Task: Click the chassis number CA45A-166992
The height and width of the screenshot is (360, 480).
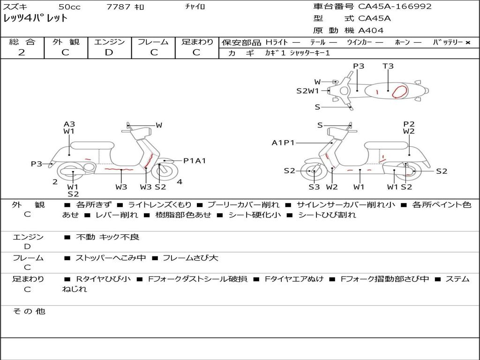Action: (395, 7)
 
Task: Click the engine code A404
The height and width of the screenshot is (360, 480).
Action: (371, 30)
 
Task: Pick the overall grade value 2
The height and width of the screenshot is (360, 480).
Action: (22, 52)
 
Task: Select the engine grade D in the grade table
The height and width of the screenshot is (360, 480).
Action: (109, 52)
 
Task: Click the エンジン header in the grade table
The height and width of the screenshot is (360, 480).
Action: (109, 42)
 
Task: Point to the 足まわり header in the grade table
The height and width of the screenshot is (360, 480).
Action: (197, 42)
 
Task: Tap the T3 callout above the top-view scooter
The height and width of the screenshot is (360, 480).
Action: (388, 66)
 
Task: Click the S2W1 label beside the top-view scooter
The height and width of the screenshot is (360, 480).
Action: (307, 91)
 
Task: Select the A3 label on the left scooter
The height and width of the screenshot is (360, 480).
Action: (69, 124)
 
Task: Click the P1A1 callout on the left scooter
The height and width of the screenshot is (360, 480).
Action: (195, 161)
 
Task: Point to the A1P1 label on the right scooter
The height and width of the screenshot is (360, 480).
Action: (283, 142)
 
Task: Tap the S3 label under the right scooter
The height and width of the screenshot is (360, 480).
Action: (314, 187)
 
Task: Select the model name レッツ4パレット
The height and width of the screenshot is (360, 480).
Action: (36, 19)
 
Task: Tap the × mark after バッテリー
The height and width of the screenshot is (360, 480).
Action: (468, 42)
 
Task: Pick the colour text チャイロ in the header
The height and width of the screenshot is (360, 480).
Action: (195, 7)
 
